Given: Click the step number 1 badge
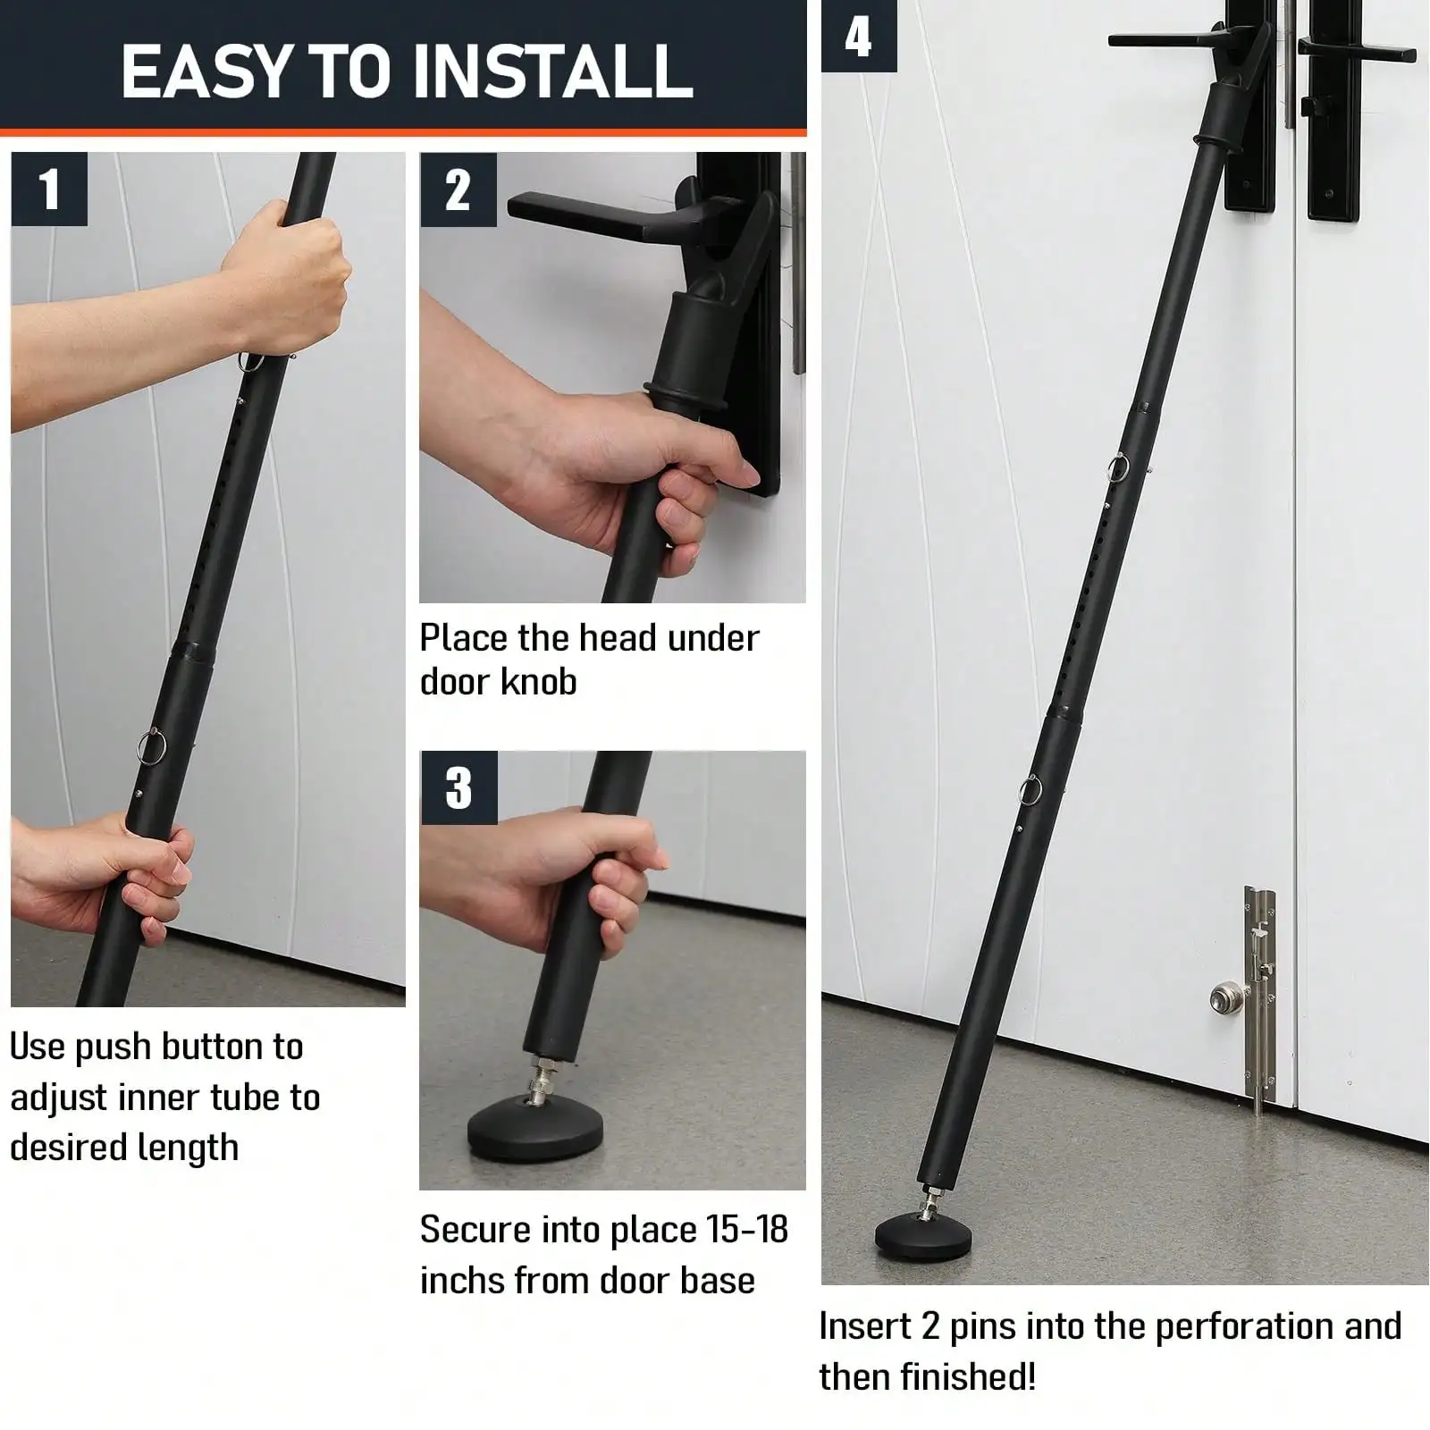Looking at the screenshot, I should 49,189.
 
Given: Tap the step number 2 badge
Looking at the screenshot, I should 458,189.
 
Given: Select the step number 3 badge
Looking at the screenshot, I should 458,786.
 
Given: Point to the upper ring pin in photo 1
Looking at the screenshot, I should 251,362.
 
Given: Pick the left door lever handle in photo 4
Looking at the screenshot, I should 1153,40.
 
